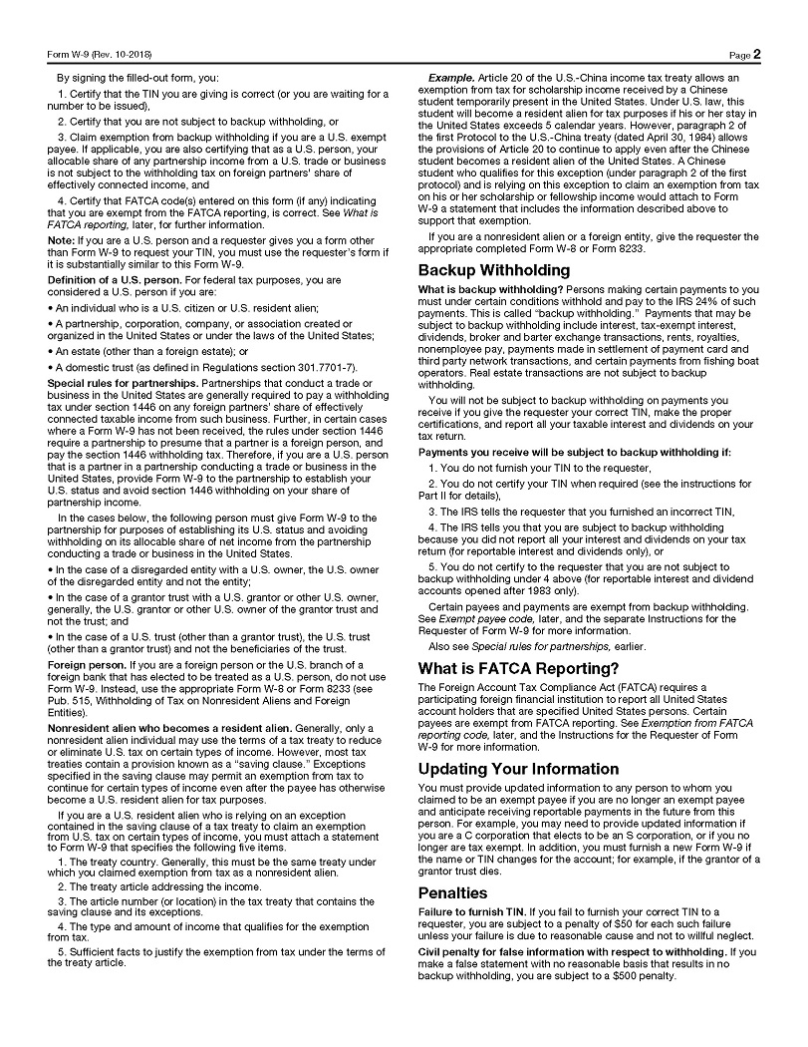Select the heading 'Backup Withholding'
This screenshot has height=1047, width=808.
click(493, 270)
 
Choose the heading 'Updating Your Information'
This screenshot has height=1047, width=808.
click(518, 769)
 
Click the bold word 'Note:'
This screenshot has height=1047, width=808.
click(61, 241)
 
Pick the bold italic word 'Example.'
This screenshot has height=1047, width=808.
click(450, 78)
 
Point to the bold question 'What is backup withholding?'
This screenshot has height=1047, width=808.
click(477, 289)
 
